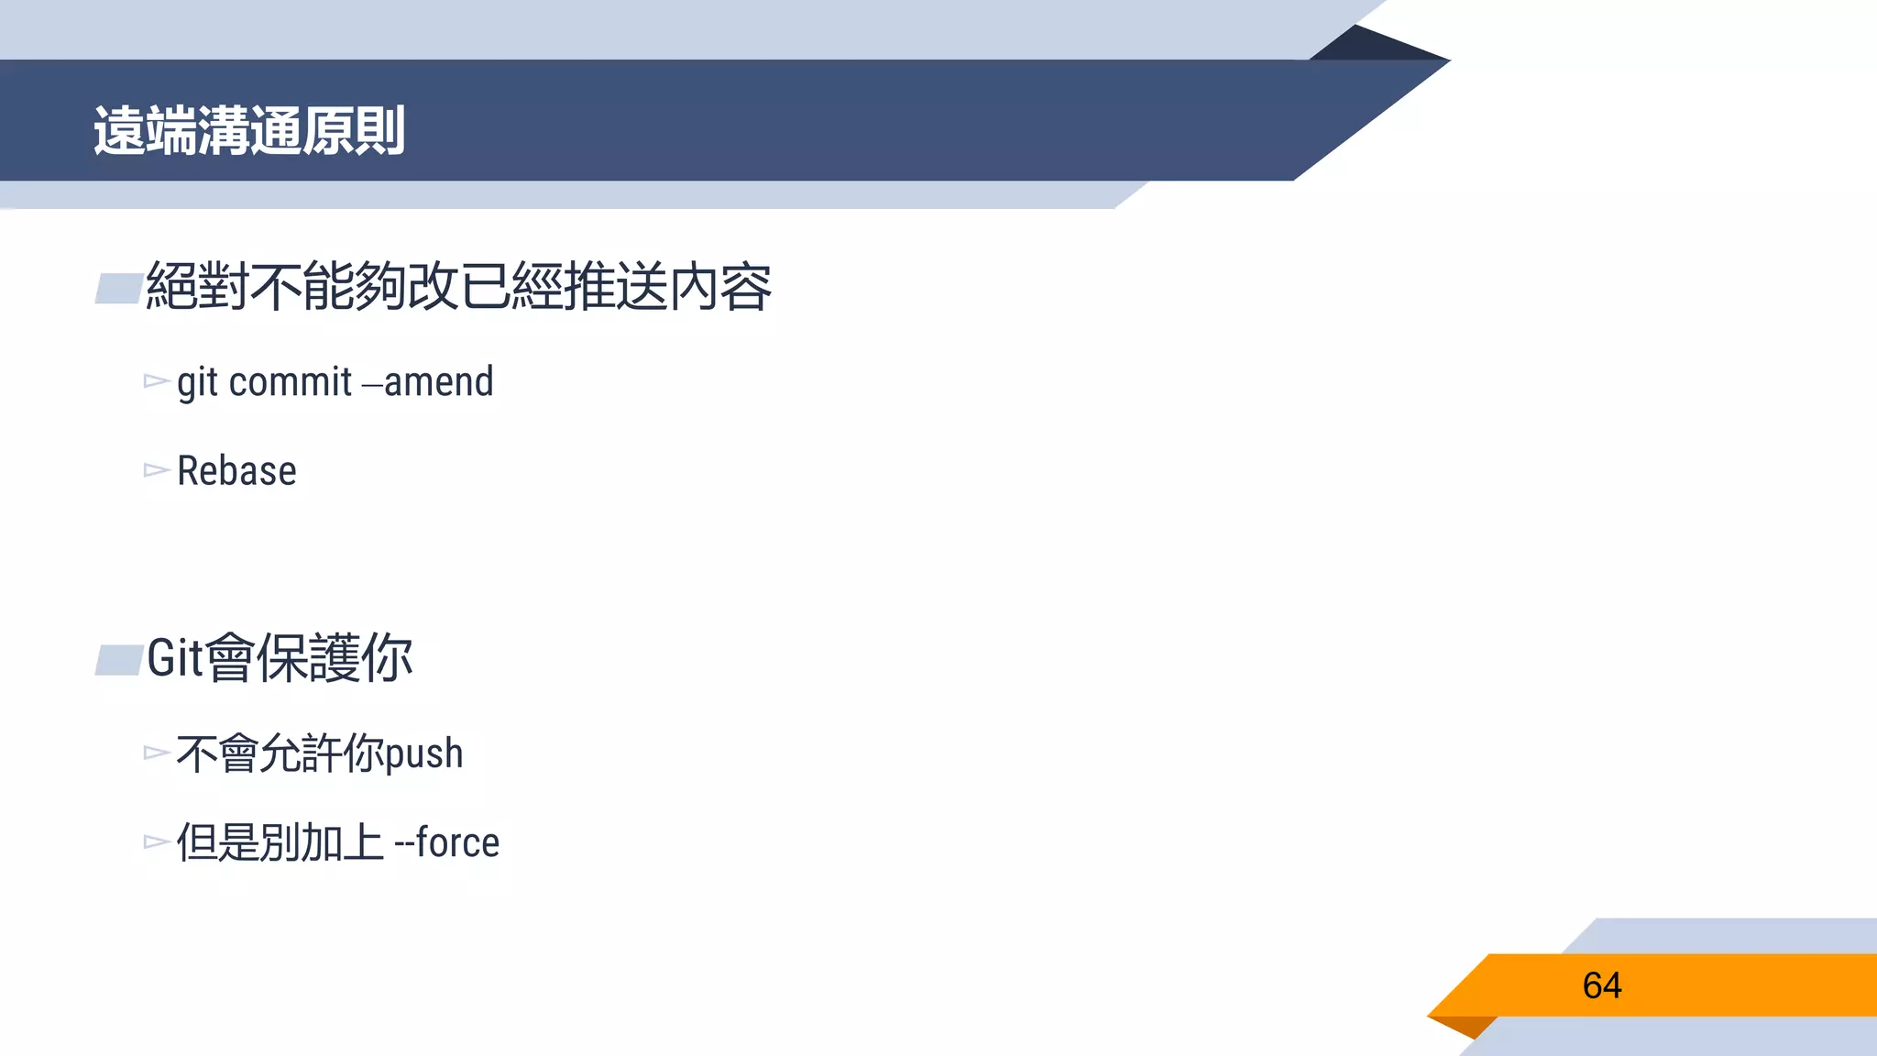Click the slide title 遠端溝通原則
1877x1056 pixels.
click(248, 130)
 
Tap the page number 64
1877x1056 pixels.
click(1601, 985)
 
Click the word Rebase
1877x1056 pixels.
click(236, 471)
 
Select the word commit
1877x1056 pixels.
click(290, 382)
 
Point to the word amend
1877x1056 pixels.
click(439, 382)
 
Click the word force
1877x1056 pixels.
click(457, 842)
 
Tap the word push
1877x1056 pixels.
click(423, 754)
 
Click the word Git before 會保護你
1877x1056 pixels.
click(174, 658)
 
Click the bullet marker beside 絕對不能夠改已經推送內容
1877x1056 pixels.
click(118, 289)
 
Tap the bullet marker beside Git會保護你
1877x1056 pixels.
click(118, 660)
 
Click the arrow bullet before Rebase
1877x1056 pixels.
click(156, 470)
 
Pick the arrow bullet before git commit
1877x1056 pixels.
click(156, 381)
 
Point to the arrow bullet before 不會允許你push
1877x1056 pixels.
click(156, 753)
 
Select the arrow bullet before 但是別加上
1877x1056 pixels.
click(156, 841)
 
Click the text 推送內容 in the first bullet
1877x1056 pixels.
click(667, 287)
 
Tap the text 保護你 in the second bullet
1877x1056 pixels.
click(335, 658)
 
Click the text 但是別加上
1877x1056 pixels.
click(280, 842)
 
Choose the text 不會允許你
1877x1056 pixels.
click(280, 753)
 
